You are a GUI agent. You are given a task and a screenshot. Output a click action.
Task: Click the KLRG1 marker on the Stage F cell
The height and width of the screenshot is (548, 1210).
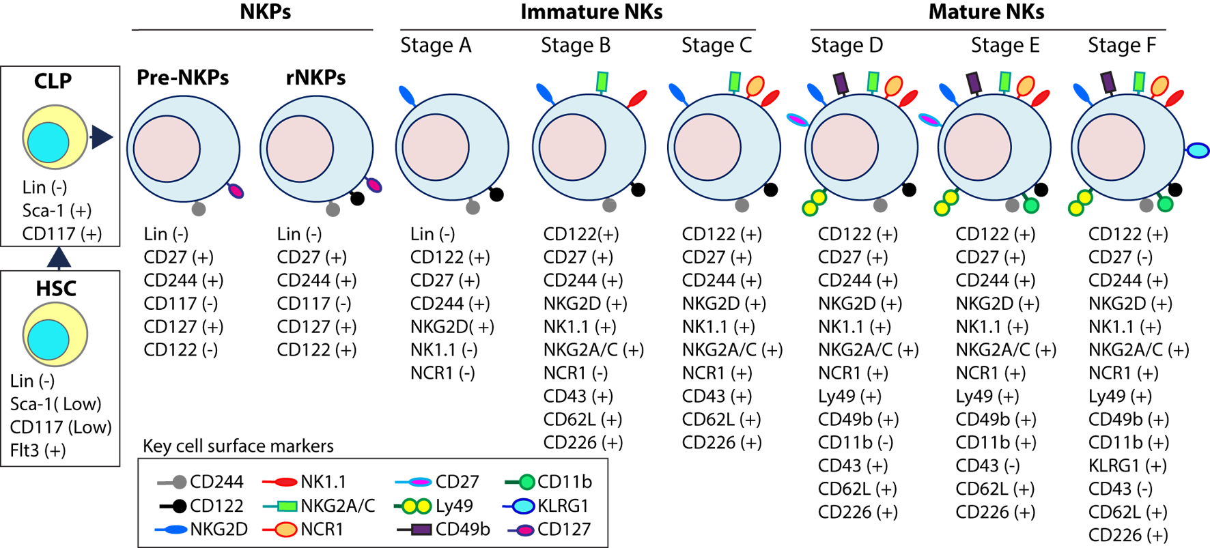[x=1198, y=150]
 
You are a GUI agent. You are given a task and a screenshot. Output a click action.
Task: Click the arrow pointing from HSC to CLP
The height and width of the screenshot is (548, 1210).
[x=59, y=257]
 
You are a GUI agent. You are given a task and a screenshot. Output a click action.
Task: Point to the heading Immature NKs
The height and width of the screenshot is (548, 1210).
[x=591, y=12]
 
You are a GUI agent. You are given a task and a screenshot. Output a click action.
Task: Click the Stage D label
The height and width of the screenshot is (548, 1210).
[x=847, y=45]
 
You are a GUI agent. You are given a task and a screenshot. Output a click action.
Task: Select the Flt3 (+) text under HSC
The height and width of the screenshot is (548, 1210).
[x=38, y=450]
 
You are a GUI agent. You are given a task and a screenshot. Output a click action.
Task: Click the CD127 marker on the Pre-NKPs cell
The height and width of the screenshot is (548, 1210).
[x=236, y=191]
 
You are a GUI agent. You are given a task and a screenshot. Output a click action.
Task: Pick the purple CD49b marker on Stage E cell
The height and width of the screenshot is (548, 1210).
[x=974, y=83]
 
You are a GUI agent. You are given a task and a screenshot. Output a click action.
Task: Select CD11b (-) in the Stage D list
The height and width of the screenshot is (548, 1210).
[x=856, y=442]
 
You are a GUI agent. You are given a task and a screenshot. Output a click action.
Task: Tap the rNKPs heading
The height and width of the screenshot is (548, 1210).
[x=315, y=77]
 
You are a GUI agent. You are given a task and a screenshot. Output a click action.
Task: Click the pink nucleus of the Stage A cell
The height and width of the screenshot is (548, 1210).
[x=435, y=147]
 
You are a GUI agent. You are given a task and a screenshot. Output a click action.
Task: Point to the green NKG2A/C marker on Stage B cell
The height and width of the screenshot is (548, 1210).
[x=602, y=81]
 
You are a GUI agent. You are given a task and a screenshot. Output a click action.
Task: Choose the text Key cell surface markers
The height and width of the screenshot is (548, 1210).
[x=238, y=446]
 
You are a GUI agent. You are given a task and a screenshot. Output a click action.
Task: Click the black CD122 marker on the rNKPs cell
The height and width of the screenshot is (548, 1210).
[x=356, y=199]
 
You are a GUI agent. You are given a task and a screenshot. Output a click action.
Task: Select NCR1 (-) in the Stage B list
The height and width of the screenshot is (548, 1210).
[x=575, y=373]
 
